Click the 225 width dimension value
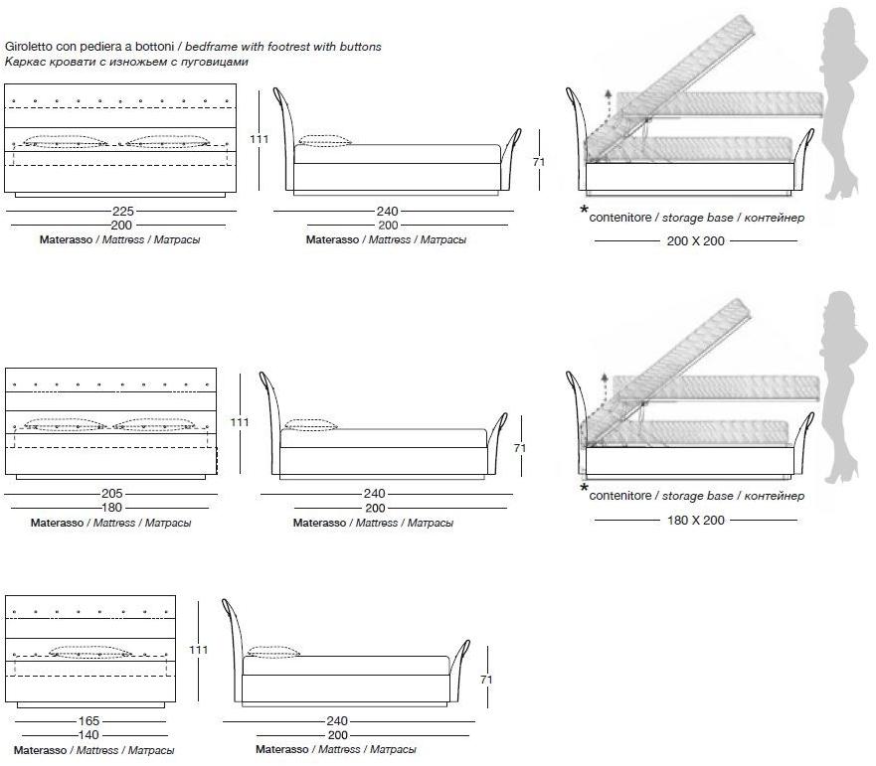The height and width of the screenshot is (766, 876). [122, 211]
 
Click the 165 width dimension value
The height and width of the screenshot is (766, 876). [89, 721]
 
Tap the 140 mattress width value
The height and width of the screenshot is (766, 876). [89, 735]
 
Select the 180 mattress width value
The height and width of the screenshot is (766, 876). [112, 507]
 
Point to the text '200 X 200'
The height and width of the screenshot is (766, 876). [695, 241]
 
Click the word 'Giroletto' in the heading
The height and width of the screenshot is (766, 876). [30, 47]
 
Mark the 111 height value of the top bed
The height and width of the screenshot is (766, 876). [260, 140]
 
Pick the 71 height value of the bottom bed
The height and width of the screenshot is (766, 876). [486, 681]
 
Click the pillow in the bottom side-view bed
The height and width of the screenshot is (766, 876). [272, 652]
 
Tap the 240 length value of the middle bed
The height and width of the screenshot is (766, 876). [374, 493]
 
